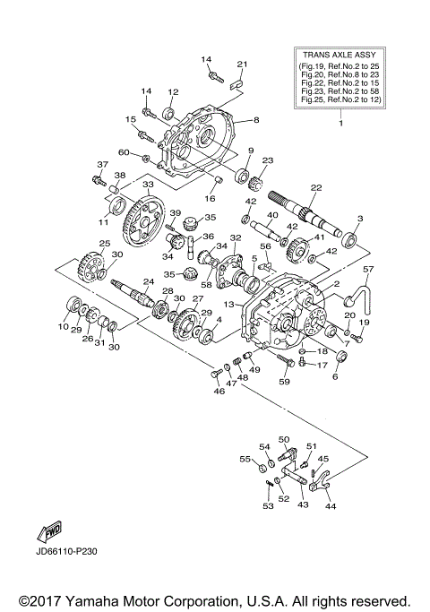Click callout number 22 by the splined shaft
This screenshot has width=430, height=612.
click(x=315, y=187)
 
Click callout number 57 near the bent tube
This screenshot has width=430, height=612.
click(x=367, y=269)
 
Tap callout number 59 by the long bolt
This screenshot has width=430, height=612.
click(x=285, y=383)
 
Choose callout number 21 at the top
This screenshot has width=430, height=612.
click(x=242, y=64)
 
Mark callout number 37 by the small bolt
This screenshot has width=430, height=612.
click(x=101, y=164)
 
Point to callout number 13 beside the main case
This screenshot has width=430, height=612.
click(x=230, y=305)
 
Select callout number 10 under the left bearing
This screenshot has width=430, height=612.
click(x=63, y=328)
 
